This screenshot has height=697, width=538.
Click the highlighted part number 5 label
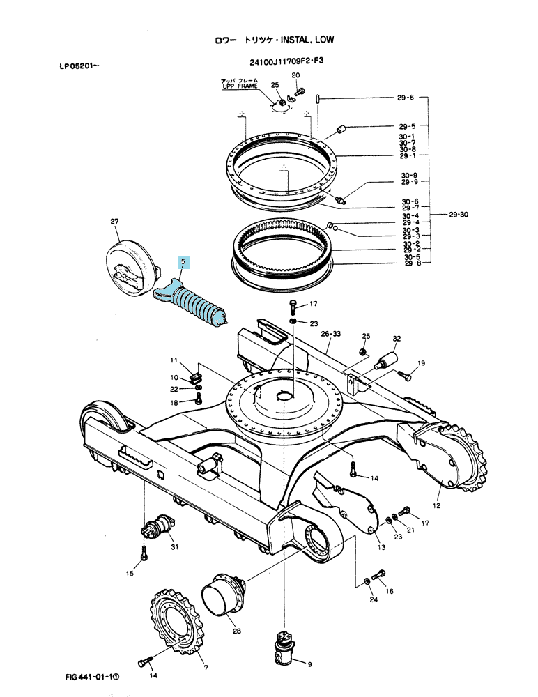183,262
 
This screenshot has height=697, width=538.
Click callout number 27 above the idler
115,222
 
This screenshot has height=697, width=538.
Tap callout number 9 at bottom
309,664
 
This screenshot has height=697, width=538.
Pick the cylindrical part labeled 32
386,360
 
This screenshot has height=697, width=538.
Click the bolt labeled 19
404,376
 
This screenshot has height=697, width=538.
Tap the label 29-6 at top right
406,98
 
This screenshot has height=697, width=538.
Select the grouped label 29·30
459,215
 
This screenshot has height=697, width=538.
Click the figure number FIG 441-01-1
93,677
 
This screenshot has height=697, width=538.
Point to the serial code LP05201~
79,66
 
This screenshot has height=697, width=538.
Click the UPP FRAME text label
240,86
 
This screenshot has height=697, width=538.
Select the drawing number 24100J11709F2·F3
286,61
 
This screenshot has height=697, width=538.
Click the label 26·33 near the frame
331,334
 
